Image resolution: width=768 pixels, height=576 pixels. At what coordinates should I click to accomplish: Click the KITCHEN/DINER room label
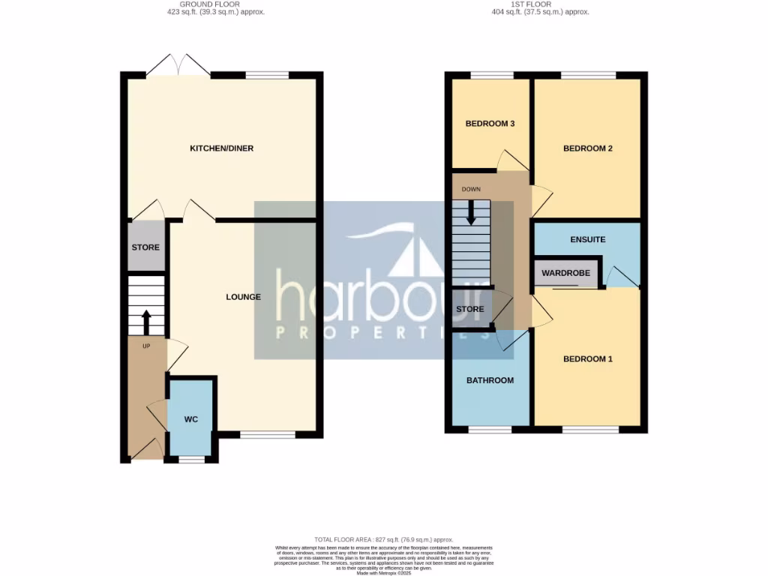click(221, 148)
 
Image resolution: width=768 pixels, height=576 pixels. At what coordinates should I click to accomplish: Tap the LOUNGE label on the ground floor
click(244, 297)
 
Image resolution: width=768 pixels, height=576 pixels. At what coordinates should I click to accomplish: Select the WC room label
click(191, 419)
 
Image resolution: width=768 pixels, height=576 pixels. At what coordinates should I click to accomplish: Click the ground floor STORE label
click(145, 247)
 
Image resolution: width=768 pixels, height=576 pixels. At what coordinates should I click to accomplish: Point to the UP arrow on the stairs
click(145, 322)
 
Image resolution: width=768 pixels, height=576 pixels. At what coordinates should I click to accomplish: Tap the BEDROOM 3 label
click(490, 124)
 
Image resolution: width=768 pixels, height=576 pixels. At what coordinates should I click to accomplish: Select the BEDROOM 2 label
click(588, 148)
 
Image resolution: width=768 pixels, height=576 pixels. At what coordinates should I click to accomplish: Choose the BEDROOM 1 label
click(588, 359)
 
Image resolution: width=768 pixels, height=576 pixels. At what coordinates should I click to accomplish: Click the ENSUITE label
click(588, 240)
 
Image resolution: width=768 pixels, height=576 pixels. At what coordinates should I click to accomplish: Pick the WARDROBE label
click(566, 274)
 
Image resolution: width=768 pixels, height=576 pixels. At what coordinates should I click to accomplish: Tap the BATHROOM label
click(490, 380)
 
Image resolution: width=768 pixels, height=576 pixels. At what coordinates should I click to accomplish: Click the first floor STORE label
click(470, 309)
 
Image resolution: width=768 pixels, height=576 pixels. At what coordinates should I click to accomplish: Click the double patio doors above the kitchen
click(178, 66)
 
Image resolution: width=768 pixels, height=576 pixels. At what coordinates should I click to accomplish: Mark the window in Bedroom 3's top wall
click(491, 75)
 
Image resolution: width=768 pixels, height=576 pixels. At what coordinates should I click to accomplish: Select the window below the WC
click(191, 459)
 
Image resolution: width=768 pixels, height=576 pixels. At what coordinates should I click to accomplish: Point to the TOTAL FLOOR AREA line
click(383, 539)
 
